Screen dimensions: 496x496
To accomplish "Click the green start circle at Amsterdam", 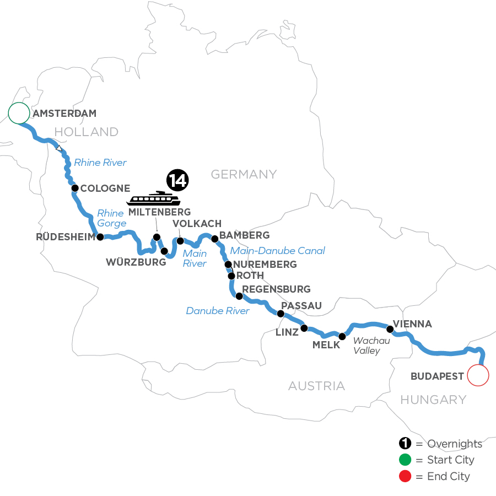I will click(18, 113).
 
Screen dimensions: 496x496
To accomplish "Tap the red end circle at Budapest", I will click(478, 376).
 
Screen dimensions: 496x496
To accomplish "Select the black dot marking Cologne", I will click(74, 188).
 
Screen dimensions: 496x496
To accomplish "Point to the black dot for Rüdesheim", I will click(100, 238).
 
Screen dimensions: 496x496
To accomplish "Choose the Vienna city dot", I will click(390, 330).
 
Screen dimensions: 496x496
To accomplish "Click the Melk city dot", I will click(342, 336).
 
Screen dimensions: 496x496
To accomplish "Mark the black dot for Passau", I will click(280, 314).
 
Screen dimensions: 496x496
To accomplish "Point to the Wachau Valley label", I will click(371, 346).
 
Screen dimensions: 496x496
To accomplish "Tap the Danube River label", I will click(218, 311).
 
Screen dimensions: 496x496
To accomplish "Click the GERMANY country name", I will click(244, 174).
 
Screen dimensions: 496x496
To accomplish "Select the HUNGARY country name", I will click(433, 400).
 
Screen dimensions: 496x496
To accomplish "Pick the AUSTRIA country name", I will click(316, 386).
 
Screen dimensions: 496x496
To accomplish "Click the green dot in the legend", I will click(405, 460).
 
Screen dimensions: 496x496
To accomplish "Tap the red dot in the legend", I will click(405, 476).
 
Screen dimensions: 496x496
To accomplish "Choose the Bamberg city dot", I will click(215, 239).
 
